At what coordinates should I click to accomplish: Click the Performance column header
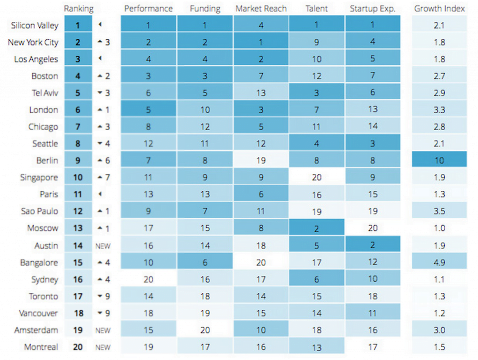click(x=148, y=8)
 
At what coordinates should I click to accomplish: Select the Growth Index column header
click(x=439, y=8)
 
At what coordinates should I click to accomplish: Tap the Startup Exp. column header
click(x=373, y=8)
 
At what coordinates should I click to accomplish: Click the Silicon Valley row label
click(x=35, y=25)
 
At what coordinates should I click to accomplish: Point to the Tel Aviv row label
click(x=45, y=93)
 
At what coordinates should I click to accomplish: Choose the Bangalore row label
click(x=39, y=263)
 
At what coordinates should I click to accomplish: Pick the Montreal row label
click(x=41, y=347)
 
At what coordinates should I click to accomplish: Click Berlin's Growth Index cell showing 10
click(x=439, y=160)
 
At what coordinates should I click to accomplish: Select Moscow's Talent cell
click(x=316, y=228)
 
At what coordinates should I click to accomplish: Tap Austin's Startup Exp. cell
click(x=373, y=245)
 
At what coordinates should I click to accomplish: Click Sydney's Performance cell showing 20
click(x=148, y=279)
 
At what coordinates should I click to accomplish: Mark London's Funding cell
click(x=204, y=110)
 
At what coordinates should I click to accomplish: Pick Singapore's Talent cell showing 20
click(x=316, y=178)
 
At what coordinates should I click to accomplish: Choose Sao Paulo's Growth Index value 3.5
click(x=439, y=211)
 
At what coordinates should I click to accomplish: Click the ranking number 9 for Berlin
click(x=77, y=160)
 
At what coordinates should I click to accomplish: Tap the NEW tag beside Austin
click(x=103, y=246)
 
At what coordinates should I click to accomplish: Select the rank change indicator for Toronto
click(x=104, y=296)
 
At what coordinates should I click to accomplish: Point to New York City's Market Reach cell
click(x=260, y=42)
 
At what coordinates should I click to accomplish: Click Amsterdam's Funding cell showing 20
click(x=204, y=330)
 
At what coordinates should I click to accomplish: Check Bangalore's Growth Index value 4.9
click(x=439, y=263)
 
